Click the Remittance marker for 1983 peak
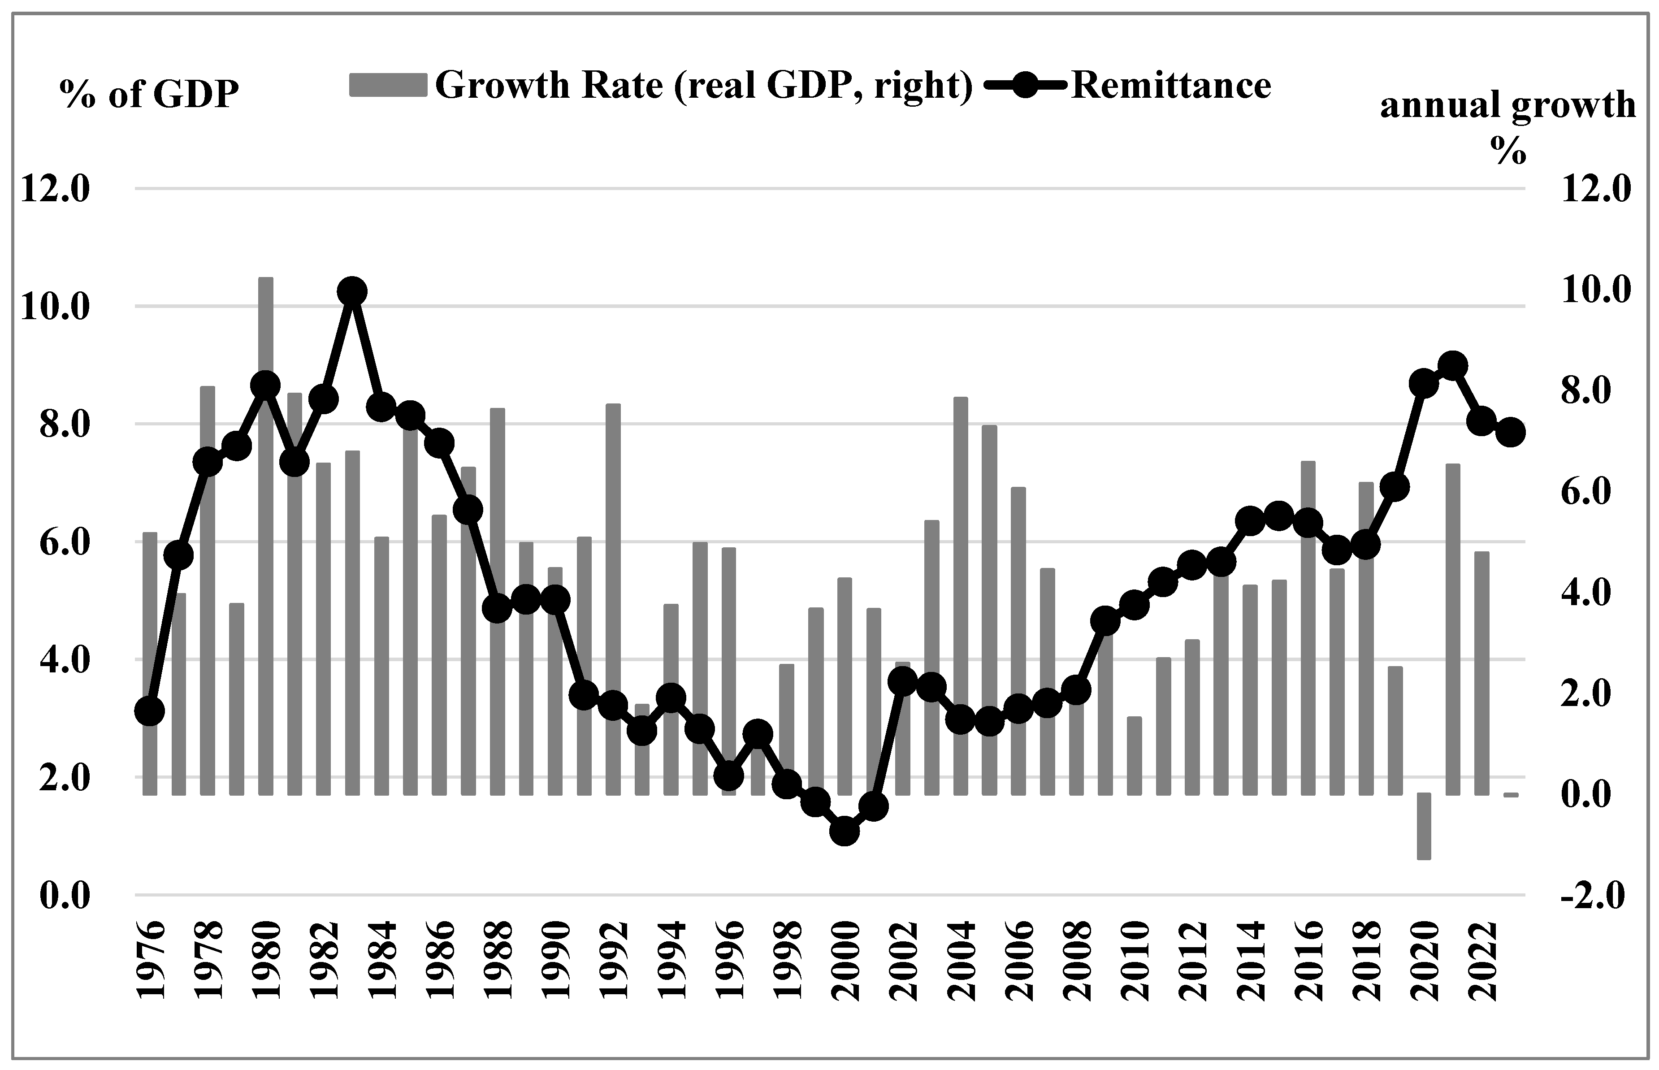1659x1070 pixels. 352,292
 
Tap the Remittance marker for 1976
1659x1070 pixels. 149,711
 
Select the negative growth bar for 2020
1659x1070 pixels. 1424,826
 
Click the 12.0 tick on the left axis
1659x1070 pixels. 56,189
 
